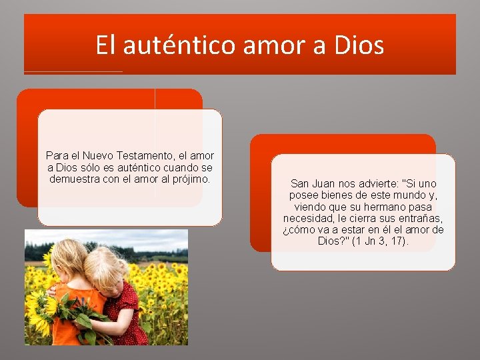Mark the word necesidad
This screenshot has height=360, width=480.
(308, 218)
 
